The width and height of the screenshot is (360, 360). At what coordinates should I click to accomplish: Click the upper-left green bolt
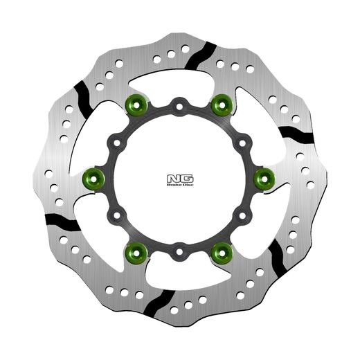[136, 106]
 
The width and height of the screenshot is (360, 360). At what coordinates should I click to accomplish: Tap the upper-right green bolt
[222, 106]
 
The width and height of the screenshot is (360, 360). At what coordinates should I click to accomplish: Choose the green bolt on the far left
[93, 178]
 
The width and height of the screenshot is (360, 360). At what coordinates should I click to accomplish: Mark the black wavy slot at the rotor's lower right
[276, 258]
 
